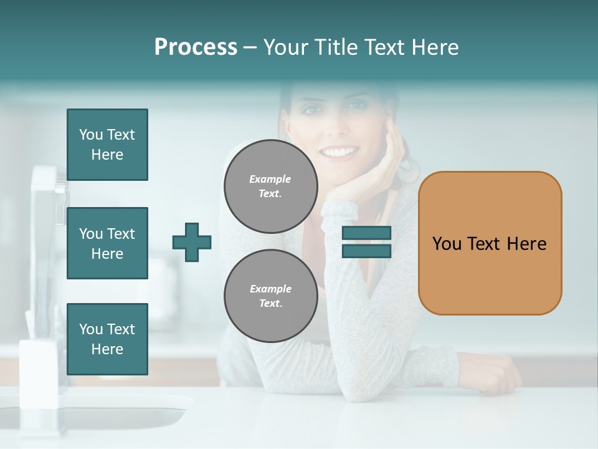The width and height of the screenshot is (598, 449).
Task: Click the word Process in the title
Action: pyautogui.click(x=196, y=47)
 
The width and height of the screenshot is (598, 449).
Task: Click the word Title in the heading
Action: pyautogui.click(x=337, y=47)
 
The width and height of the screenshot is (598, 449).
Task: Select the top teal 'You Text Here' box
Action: pyautogui.click(x=107, y=145)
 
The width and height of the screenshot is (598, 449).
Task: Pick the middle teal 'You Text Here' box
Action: pyautogui.click(x=107, y=243)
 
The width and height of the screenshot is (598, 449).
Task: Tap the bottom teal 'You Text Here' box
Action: pyautogui.click(x=107, y=339)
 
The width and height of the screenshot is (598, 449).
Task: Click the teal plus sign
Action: pyautogui.click(x=192, y=242)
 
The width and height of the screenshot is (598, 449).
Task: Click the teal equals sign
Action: pyautogui.click(x=366, y=242)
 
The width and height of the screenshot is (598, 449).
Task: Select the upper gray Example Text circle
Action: pyautogui.click(x=271, y=186)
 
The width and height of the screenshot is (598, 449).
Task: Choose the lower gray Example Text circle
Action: pyautogui.click(x=271, y=296)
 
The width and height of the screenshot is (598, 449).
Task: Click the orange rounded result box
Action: pyautogui.click(x=490, y=243)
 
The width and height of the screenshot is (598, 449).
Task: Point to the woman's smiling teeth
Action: pyautogui.click(x=339, y=152)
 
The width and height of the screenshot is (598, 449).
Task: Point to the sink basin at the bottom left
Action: pyautogui.click(x=93, y=415)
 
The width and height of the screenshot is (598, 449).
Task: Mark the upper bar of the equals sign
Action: pyautogui.click(x=366, y=233)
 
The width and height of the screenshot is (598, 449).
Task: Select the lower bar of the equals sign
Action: pyautogui.click(x=366, y=251)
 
